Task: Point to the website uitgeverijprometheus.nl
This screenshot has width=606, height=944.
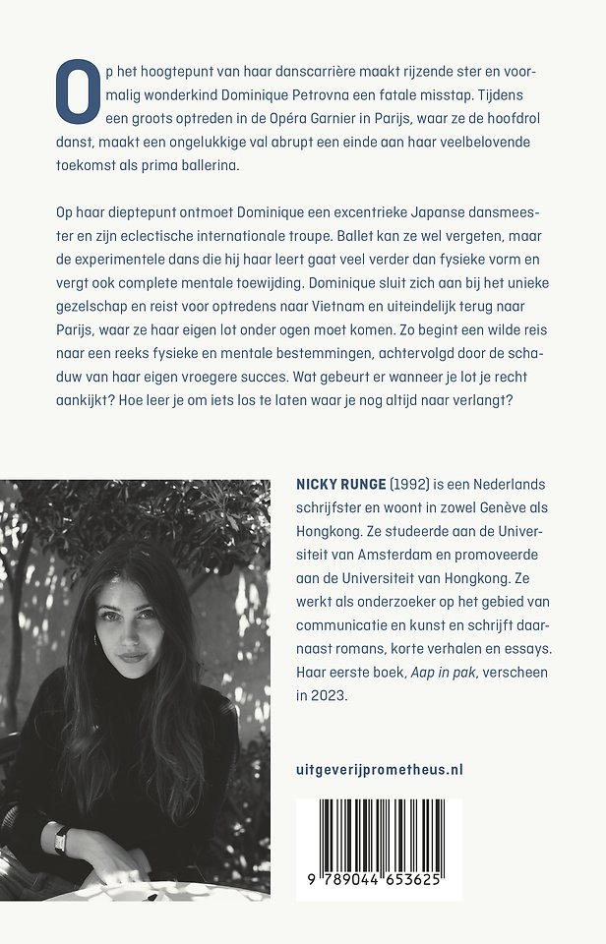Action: click(379, 769)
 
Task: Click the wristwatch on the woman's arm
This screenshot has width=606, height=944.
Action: click(62, 839)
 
